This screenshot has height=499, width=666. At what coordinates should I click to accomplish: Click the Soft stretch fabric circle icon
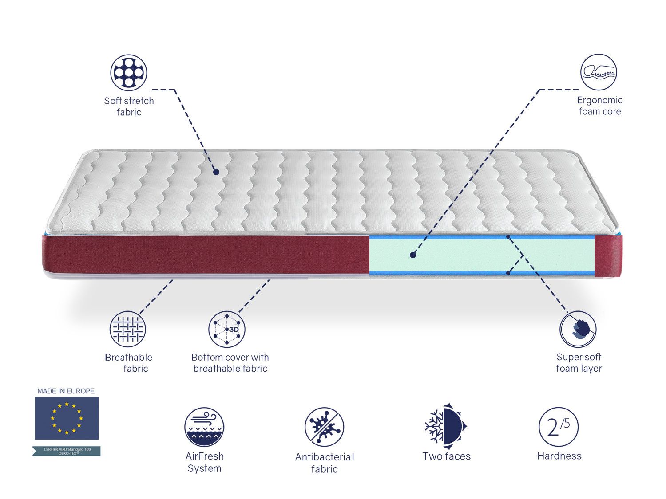coord(129,72)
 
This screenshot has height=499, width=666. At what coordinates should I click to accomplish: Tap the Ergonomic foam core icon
coord(599,72)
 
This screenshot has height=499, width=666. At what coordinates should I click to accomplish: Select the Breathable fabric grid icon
coord(128,329)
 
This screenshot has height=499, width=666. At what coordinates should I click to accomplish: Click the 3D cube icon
coord(227,329)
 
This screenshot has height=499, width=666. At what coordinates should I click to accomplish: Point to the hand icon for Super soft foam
coord(578,329)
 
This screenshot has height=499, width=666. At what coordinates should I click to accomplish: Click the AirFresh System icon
coord(204,427)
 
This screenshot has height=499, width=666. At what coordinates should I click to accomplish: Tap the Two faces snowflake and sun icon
coord(446,424)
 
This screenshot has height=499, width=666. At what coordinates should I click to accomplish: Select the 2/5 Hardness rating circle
coord(559,427)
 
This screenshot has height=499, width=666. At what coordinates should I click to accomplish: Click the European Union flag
coord(67,418)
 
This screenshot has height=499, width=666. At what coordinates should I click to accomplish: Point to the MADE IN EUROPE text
coord(66,391)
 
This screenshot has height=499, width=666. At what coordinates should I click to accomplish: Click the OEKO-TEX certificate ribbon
coord(67,451)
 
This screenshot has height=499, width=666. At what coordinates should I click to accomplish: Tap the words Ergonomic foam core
coord(599,106)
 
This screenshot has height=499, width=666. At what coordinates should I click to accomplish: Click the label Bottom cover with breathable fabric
coord(230,363)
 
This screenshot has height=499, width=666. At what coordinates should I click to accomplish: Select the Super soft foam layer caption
coord(579,363)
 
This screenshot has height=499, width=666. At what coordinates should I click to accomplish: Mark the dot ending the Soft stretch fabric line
coord(216,172)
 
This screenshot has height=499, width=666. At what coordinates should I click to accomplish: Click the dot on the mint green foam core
coord(413,255)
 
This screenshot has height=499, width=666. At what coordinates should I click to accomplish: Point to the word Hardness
coord(559,456)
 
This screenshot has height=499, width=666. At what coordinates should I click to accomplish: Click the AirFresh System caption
coord(204,462)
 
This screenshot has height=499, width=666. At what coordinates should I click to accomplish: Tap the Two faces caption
coord(446,456)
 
